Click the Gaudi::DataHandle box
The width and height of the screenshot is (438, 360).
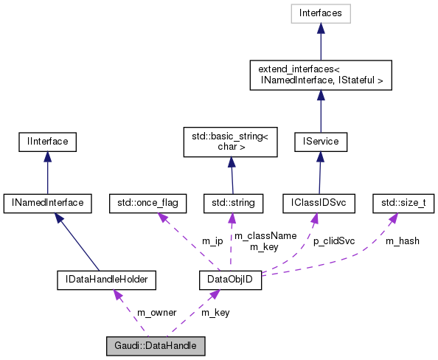(155, 345)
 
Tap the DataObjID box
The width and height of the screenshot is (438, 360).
(231, 280)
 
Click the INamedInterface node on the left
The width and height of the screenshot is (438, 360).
(47, 201)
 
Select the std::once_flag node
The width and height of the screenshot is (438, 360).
(147, 201)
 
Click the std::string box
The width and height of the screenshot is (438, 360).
(231, 201)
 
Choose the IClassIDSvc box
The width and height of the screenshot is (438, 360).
(320, 201)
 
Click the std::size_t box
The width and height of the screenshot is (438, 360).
(398, 201)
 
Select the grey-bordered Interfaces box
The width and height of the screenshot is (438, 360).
(320, 13)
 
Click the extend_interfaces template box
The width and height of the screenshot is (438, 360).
(320, 74)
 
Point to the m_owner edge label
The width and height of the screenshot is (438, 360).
(156, 312)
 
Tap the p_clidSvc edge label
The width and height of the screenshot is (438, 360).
(334, 240)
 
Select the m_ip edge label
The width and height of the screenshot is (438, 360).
(212, 240)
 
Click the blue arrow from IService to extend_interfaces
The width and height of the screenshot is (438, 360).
(320, 111)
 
